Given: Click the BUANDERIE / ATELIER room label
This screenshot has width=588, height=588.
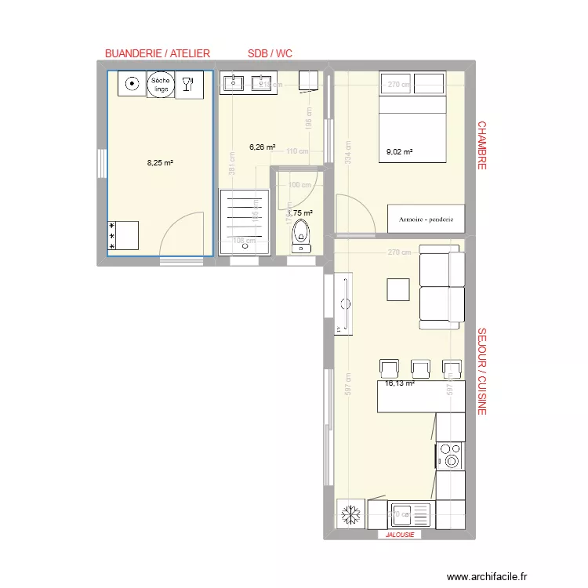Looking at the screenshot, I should tap(158, 53).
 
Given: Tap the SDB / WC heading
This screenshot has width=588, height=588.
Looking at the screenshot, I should tap(270, 53).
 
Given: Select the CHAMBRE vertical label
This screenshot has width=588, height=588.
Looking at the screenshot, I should tap(482, 145).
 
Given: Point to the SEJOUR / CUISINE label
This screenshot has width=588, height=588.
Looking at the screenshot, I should tap(482, 371).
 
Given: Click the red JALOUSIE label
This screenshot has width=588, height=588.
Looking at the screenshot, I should tap(399, 535).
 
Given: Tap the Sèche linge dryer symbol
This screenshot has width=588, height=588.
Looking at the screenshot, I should tap(160, 85).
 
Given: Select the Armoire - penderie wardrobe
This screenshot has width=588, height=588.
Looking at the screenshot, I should tap(426, 219).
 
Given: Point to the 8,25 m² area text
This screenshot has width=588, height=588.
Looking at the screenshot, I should tap(160, 163).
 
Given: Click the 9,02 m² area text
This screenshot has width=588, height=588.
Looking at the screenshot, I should tap(399, 153).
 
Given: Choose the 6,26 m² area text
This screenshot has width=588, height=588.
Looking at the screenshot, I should tap(262, 147).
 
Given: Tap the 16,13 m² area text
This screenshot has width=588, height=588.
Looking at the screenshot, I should tap(399, 383).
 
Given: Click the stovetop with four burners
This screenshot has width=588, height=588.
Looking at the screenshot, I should tap(450, 456).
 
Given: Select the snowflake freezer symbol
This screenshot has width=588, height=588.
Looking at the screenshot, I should tap(348, 515).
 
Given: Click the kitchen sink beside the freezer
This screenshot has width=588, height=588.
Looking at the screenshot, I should tap(410, 515).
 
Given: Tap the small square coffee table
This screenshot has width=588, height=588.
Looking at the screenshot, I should tap(398, 289).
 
